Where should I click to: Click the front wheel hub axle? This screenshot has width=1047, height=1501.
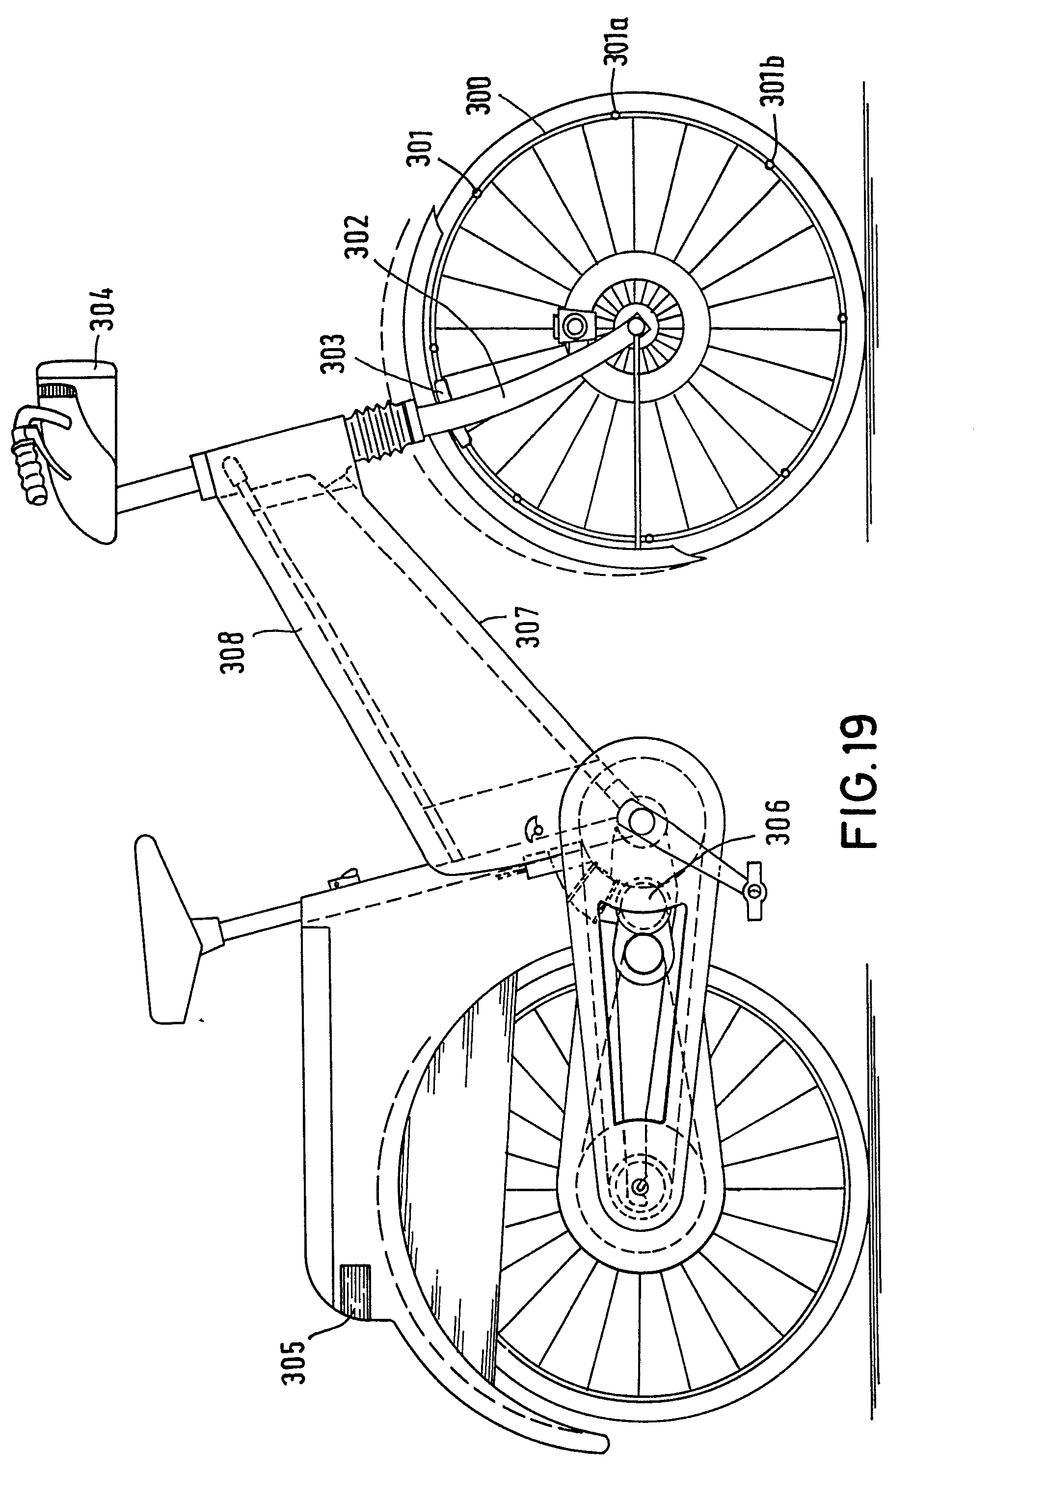tap(635, 323)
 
